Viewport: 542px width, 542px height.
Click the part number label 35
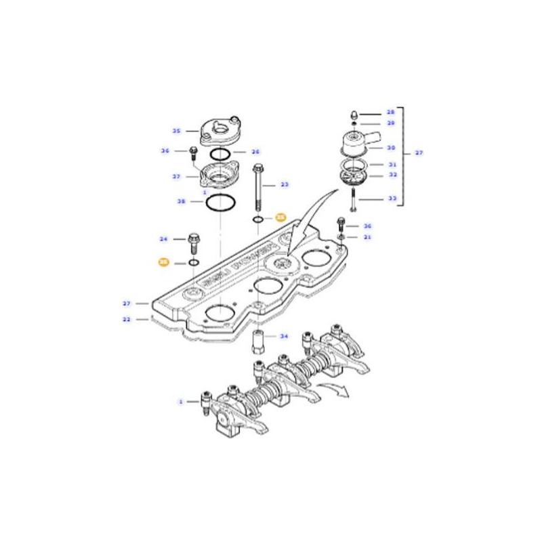176,131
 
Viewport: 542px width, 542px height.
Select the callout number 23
285,184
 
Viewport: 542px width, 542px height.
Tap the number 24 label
163,238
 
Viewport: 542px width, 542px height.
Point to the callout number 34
284,336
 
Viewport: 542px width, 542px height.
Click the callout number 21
367,237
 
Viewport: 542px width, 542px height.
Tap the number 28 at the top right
390,112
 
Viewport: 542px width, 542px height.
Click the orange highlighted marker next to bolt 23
280,218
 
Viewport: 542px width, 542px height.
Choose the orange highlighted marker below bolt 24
163,262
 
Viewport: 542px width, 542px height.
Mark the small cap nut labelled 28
354,113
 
